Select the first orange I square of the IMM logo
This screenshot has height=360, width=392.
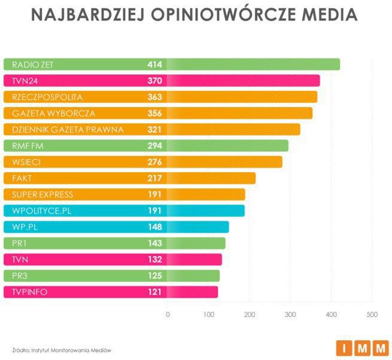345,347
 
